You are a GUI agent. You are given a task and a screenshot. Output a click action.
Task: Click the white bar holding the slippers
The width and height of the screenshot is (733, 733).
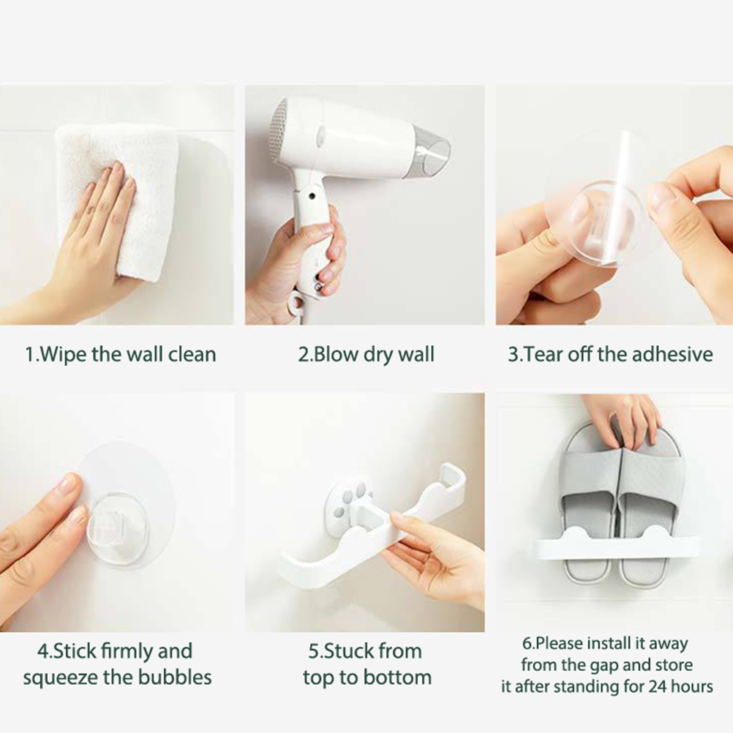pos(617,545)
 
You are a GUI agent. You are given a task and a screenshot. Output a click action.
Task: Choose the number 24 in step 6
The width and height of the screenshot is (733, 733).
pos(657,686)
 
